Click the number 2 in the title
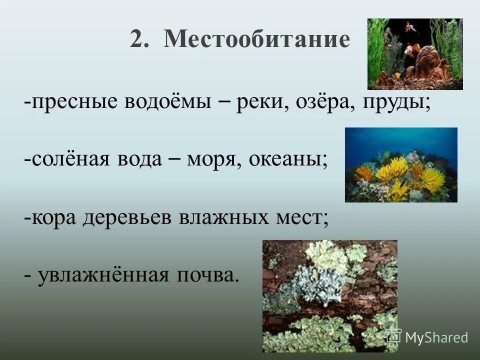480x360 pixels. click(x=138, y=39)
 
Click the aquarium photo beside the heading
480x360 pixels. click(x=415, y=54)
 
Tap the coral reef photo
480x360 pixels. click(x=401, y=164)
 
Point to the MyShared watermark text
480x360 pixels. click(x=436, y=337)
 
